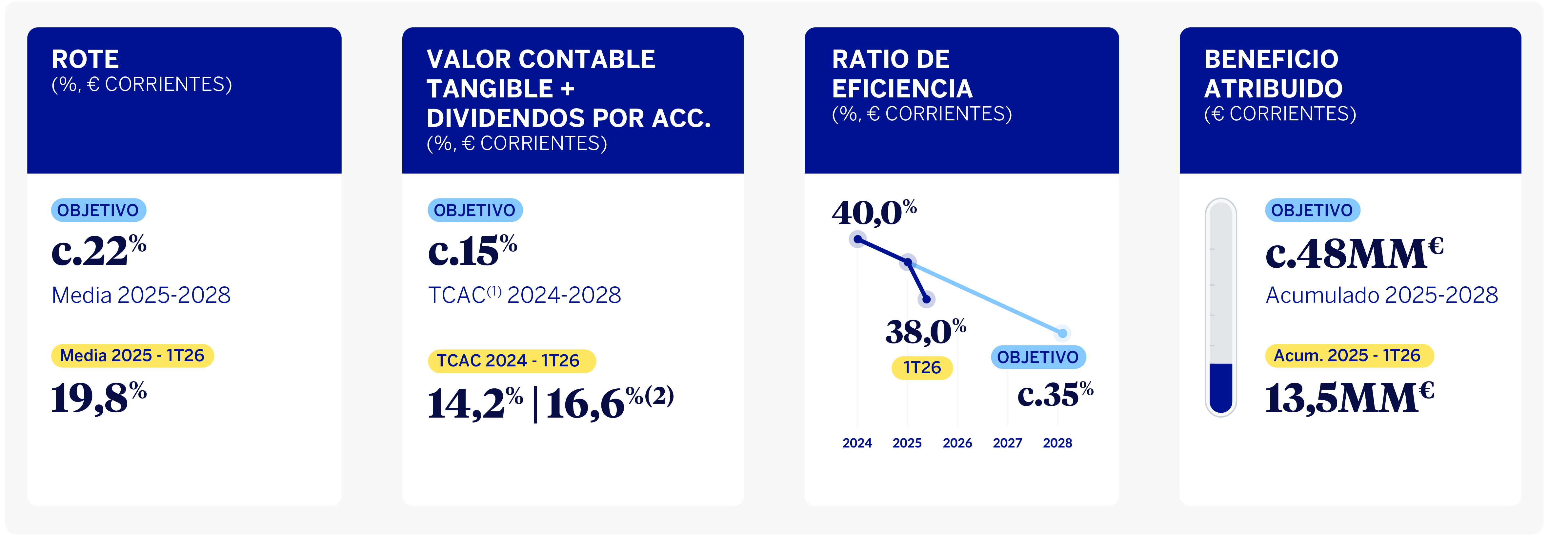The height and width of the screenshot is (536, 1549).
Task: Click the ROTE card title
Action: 85,60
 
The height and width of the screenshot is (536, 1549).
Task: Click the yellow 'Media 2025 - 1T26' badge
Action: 132,356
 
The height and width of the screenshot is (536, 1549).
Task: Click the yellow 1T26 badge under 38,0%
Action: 922,368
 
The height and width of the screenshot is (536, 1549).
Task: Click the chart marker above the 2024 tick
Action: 857,239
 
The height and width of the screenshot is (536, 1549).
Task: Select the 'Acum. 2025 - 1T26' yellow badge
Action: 1349,356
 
